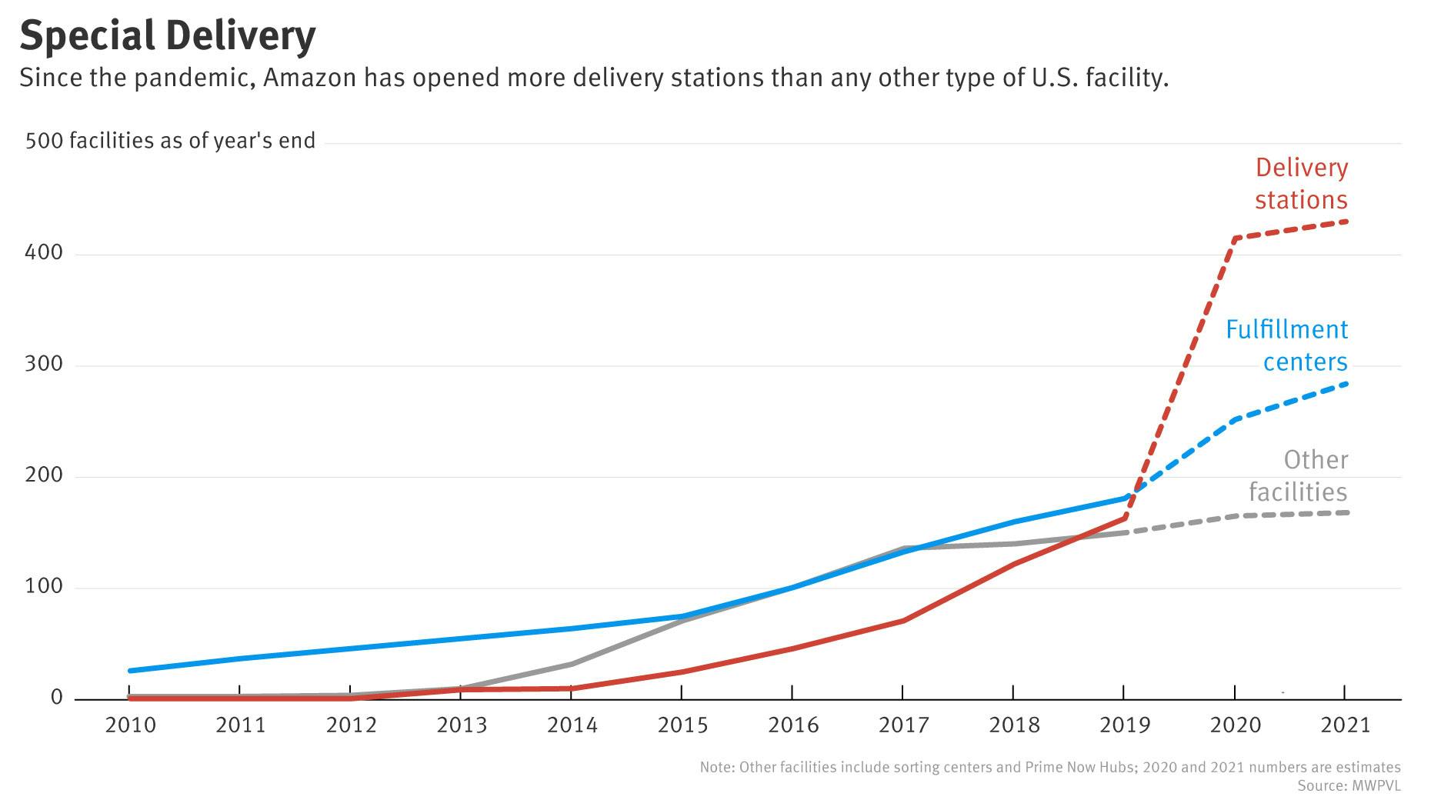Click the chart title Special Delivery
click(x=167, y=35)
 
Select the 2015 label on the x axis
click(x=682, y=725)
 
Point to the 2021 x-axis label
click(x=1345, y=725)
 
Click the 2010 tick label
click(x=130, y=725)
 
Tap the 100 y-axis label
click(x=43, y=586)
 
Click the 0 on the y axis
click(x=56, y=697)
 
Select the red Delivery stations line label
click(x=1301, y=184)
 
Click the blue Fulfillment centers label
click(x=1286, y=345)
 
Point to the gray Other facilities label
click(x=1298, y=475)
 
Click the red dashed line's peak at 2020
click(x=1235, y=238)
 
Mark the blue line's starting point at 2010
click(x=130, y=671)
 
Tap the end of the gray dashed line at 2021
click(x=1346, y=512)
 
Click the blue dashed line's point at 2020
click(x=1235, y=419)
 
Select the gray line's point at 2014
click(x=572, y=664)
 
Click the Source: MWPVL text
click(x=1349, y=786)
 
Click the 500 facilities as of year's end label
click(x=170, y=141)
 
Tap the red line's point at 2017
click(x=902, y=620)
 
